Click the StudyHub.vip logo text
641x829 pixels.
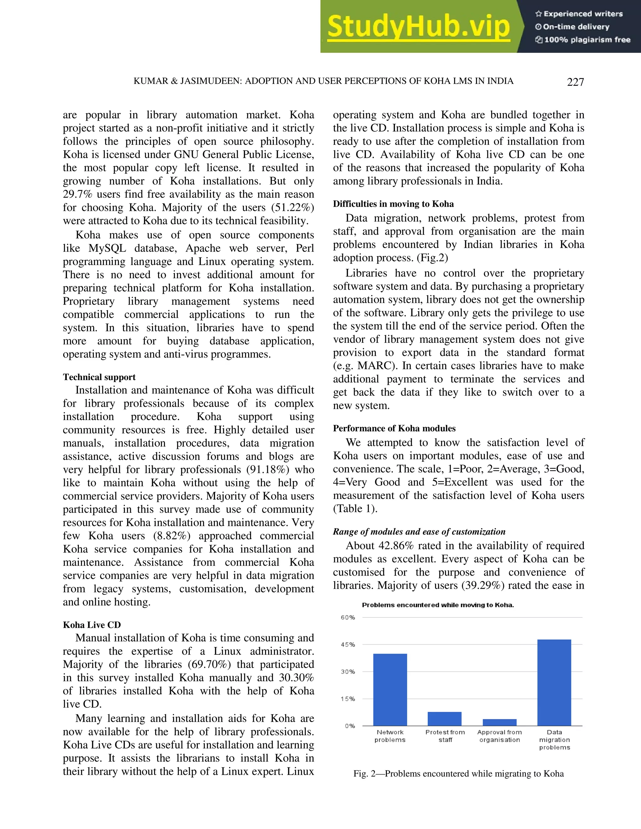coord(418,27)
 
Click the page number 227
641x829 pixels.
coord(575,82)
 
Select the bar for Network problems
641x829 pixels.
coord(390,690)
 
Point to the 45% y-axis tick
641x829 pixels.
coord(348,644)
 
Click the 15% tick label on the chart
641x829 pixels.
coord(348,699)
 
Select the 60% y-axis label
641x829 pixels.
coord(348,618)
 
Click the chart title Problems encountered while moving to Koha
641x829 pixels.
coord(438,605)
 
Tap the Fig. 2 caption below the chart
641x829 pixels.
coord(458,774)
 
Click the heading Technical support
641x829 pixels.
coord(99,377)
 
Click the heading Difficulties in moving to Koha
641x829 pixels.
coord(393,204)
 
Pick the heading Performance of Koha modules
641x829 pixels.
coord(394,428)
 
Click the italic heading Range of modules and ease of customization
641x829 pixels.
coord(419,531)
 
